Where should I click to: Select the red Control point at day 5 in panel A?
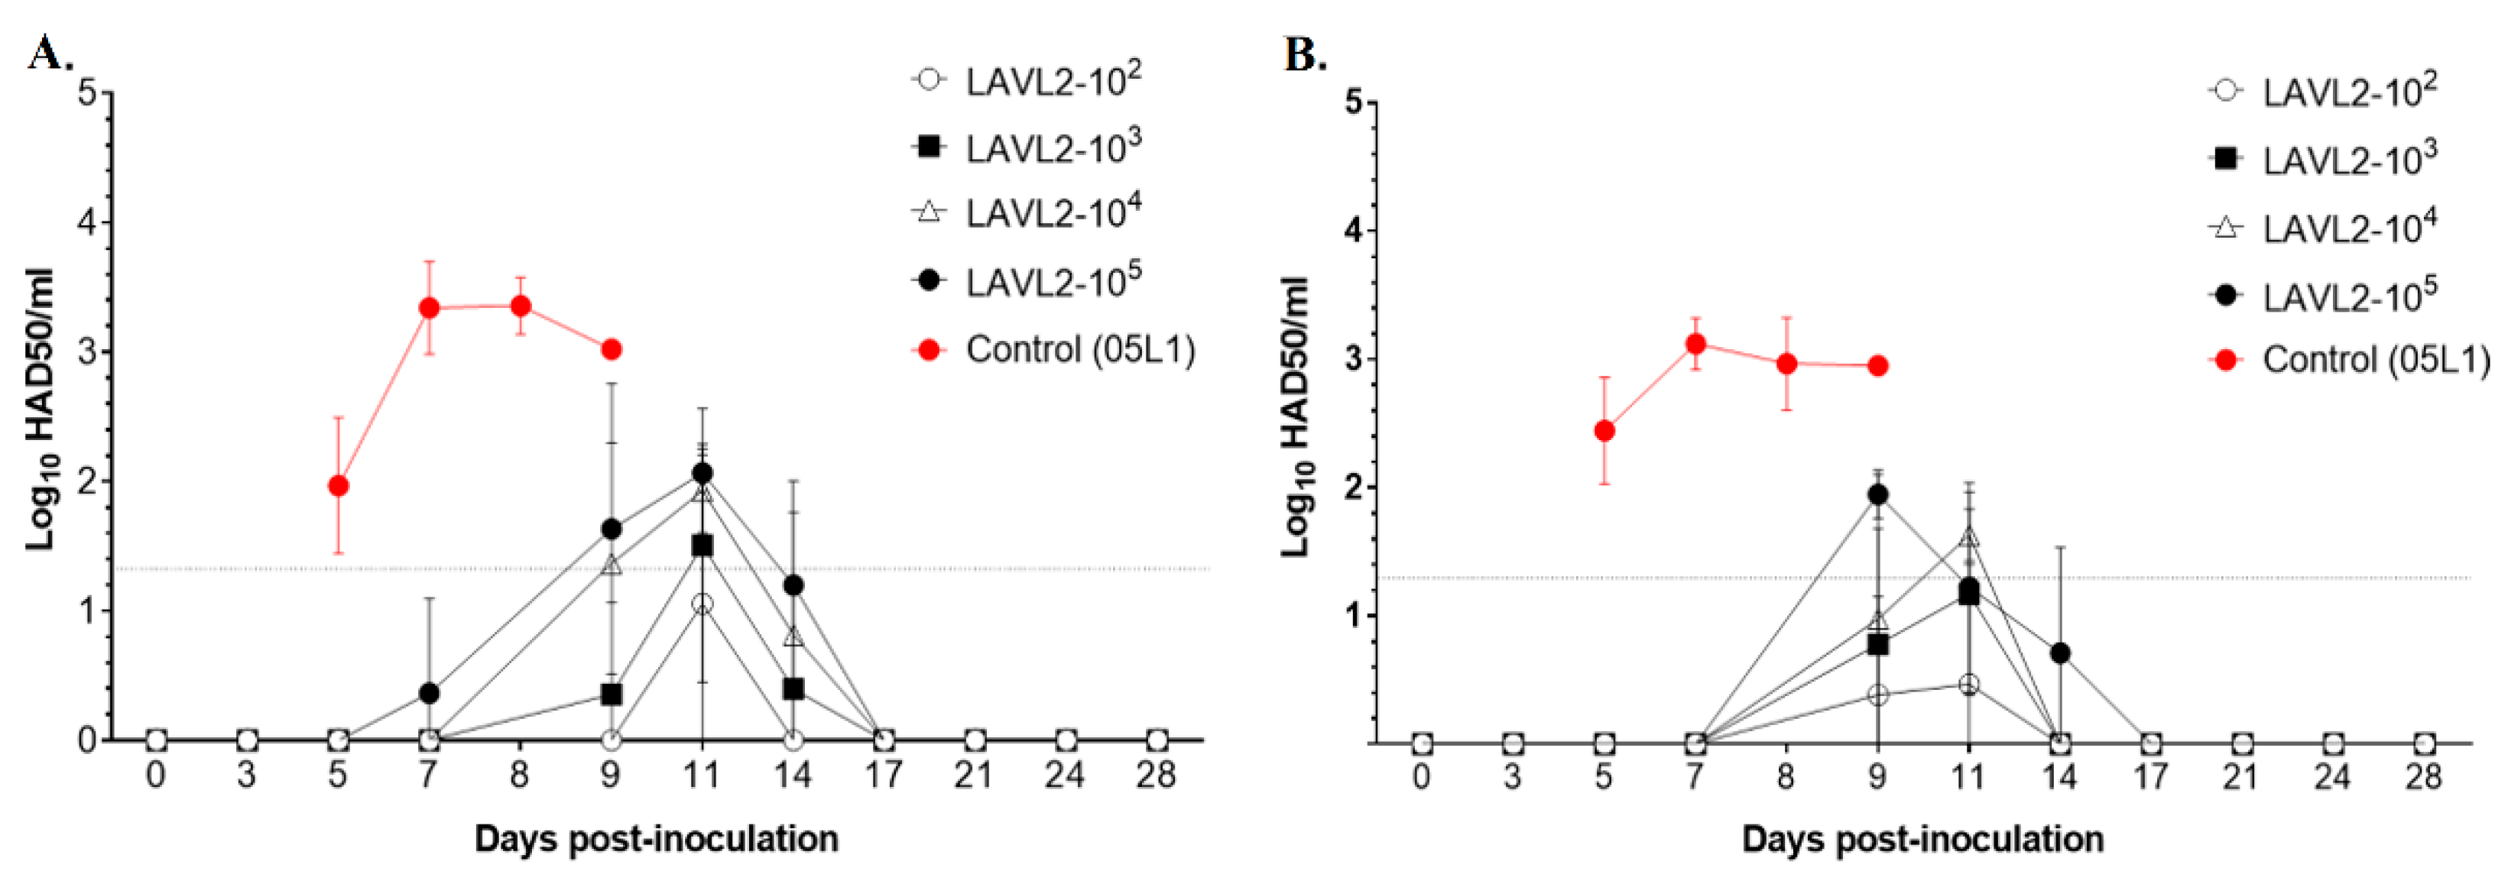coord(338,486)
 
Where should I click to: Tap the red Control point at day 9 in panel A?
coord(612,349)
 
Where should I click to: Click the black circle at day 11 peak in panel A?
coord(702,473)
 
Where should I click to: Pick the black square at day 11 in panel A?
coord(702,546)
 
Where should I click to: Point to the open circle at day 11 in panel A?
coord(702,604)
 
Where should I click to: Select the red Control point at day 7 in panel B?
coord(1695,344)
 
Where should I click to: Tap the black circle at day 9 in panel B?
coord(1878,494)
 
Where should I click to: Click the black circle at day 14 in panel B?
coord(2060,652)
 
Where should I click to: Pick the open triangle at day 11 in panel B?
coord(1968,536)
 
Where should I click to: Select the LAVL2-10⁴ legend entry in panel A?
coord(1052,212)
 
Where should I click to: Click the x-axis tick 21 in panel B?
coord(2241,776)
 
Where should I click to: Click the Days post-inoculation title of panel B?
coord(1923,838)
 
